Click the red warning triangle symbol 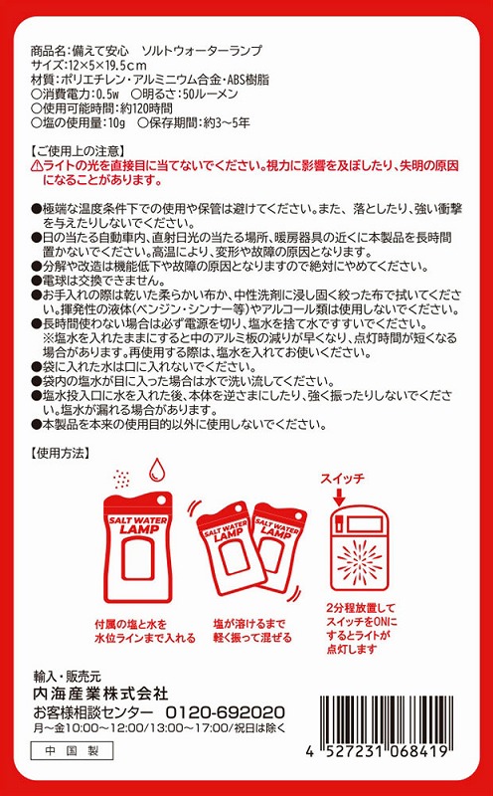pos(37,166)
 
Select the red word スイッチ pos(342,479)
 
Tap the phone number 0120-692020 pos(226,711)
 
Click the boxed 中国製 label pos(72,751)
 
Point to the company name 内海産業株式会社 pos(100,693)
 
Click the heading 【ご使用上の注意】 pos(78,151)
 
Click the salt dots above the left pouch pos(122,478)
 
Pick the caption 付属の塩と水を pos(131,624)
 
